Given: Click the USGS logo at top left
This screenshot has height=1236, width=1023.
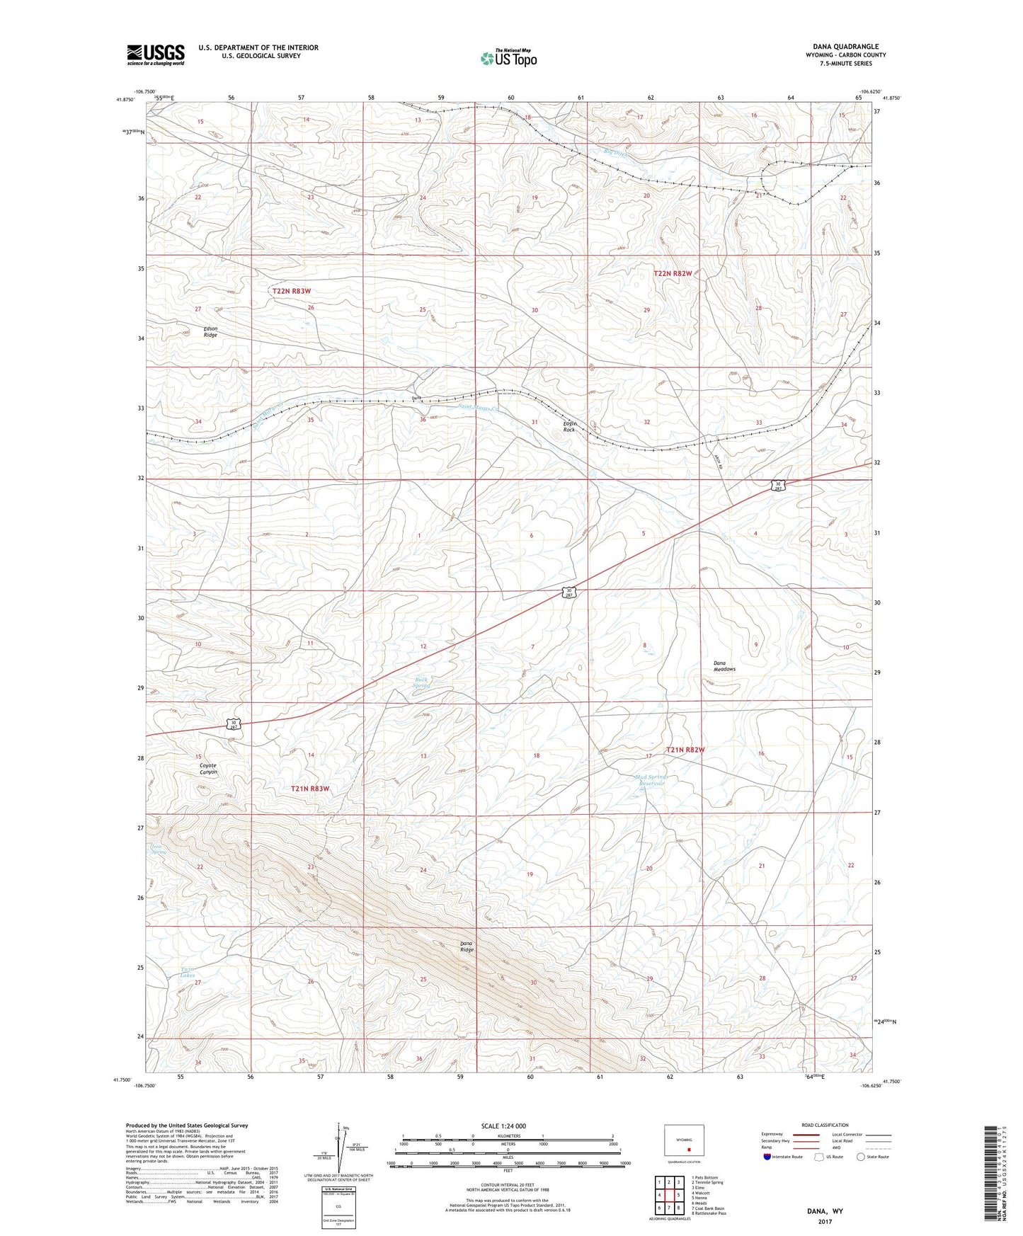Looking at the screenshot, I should pyautogui.click(x=156, y=55).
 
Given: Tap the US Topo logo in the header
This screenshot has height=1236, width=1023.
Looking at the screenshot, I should pyautogui.click(x=508, y=58).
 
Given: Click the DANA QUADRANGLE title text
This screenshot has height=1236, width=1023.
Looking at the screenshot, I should pyautogui.click(x=845, y=47).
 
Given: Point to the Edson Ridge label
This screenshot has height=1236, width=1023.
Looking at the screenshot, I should pyautogui.click(x=210, y=331).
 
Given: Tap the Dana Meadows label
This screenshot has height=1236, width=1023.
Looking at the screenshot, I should pyautogui.click(x=724, y=666).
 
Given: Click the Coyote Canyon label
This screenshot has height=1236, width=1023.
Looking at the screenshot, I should pyautogui.click(x=208, y=768).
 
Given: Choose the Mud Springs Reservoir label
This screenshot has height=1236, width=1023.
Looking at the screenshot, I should pyautogui.click(x=650, y=780).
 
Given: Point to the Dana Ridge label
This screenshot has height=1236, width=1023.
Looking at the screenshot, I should pyautogui.click(x=467, y=946).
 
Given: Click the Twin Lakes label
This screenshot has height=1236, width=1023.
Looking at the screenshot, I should pyautogui.click(x=188, y=972).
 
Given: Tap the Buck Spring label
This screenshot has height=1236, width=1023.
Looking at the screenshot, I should pyautogui.click(x=421, y=682).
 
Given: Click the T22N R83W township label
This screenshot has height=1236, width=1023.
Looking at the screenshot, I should pyautogui.click(x=292, y=291).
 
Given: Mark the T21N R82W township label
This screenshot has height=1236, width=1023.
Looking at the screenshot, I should pyautogui.click(x=685, y=750).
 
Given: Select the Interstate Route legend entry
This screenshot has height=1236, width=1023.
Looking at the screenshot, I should pyautogui.click(x=782, y=1157).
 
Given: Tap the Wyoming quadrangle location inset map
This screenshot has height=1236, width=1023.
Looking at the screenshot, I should pyautogui.click(x=684, y=1143).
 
